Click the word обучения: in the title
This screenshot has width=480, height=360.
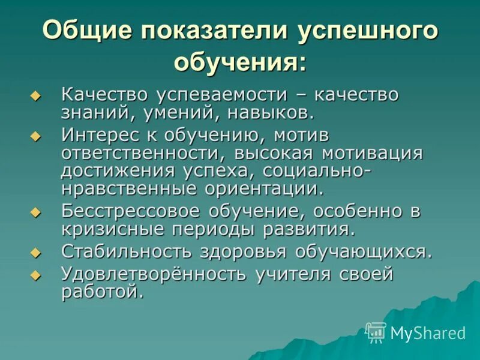[x=240, y=61]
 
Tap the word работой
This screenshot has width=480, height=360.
[x=102, y=292]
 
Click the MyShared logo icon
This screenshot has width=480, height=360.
[x=376, y=332]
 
